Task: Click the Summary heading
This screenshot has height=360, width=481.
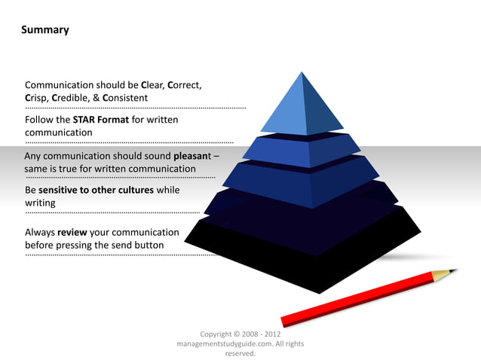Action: click(x=45, y=30)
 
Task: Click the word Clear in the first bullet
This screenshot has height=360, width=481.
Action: click(x=154, y=85)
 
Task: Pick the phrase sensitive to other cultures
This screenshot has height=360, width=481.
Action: click(x=97, y=190)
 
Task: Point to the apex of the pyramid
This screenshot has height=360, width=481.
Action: click(x=302, y=73)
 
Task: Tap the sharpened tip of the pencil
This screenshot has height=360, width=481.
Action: click(x=454, y=270)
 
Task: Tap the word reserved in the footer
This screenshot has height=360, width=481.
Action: click(x=240, y=352)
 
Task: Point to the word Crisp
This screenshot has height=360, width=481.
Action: click(x=37, y=98)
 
